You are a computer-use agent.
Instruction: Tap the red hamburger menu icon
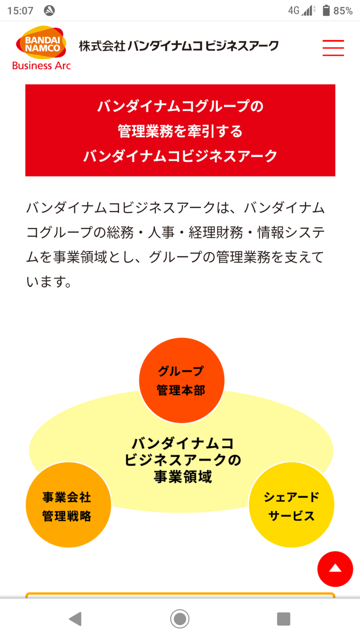333,47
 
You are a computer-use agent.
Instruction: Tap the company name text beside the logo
178,46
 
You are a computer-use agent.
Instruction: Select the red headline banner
180,130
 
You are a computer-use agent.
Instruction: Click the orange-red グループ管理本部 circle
181,380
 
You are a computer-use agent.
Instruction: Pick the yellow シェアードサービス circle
291,505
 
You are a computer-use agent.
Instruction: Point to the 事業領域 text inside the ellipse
182,477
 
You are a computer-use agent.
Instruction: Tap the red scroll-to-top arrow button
335,569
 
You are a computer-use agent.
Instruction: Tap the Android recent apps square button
283,619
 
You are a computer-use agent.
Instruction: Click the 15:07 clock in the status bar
20,10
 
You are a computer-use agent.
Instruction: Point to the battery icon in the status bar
326,10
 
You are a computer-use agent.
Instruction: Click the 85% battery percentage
343,10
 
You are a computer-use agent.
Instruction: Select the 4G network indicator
293,10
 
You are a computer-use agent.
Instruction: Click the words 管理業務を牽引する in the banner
180,131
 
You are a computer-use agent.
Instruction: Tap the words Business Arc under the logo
41,65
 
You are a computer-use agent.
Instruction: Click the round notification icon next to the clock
49,10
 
